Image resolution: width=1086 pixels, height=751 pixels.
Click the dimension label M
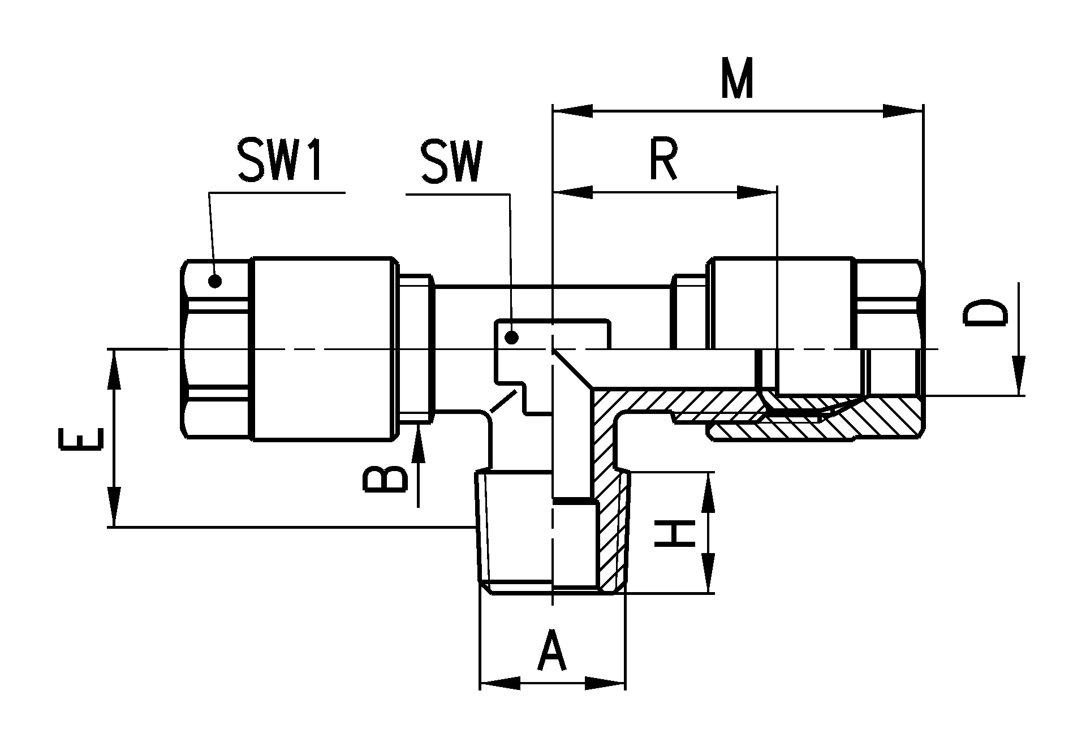click(737, 78)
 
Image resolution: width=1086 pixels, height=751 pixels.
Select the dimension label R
click(663, 161)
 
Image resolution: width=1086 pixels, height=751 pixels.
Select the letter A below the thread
click(552, 652)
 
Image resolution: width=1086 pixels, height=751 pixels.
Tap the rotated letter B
click(385, 480)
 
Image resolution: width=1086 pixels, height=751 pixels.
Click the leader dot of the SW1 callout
click(215, 280)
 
